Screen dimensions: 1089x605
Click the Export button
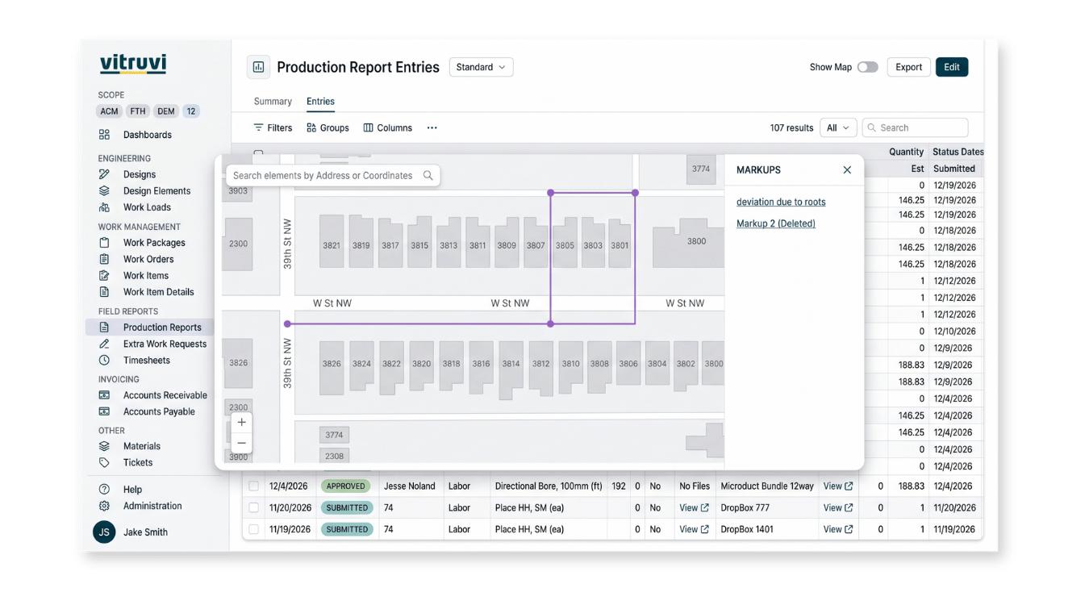[908, 67]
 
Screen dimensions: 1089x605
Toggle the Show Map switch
[867, 67]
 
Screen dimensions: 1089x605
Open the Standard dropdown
[481, 67]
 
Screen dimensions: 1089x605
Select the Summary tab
[273, 101]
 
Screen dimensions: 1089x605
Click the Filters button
[273, 127]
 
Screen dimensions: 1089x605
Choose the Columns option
[388, 127]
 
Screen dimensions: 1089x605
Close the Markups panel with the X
[847, 169]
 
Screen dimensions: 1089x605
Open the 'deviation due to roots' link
[781, 202]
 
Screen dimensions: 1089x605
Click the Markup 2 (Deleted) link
[776, 223]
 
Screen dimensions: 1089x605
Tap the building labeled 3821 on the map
[332, 242]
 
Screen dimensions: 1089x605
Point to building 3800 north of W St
[688, 243]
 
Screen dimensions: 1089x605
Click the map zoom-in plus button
[242, 422]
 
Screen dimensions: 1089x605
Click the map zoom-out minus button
[242, 443]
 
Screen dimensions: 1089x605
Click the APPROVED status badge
[346, 486]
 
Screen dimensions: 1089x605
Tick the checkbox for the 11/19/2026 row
[254, 529]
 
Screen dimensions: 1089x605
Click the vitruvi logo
[133, 65]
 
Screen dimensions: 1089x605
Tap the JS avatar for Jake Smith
[104, 532]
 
